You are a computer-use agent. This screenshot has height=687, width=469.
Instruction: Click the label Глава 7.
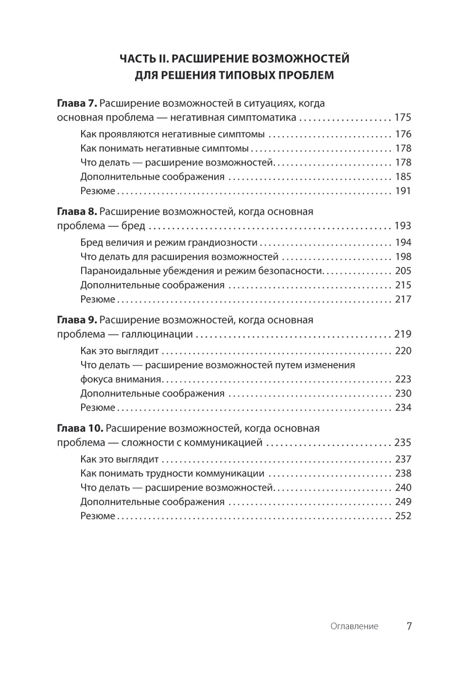76,103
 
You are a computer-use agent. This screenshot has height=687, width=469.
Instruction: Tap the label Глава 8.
76,212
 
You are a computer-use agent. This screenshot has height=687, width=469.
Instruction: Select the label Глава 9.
76,320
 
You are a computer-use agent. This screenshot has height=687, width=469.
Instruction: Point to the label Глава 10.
80,429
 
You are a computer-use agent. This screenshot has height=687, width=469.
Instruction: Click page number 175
403,117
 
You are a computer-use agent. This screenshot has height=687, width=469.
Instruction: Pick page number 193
403,226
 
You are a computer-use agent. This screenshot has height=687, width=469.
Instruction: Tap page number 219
403,334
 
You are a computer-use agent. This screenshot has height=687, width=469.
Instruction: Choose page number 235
403,443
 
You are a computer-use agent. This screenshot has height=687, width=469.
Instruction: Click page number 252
403,516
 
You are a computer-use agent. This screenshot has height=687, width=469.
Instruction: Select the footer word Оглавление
354,626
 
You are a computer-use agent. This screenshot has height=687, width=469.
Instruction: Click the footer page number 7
409,626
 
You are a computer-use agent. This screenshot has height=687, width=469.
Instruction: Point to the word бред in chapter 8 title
134,226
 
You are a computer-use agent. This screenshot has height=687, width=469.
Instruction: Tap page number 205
403,271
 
